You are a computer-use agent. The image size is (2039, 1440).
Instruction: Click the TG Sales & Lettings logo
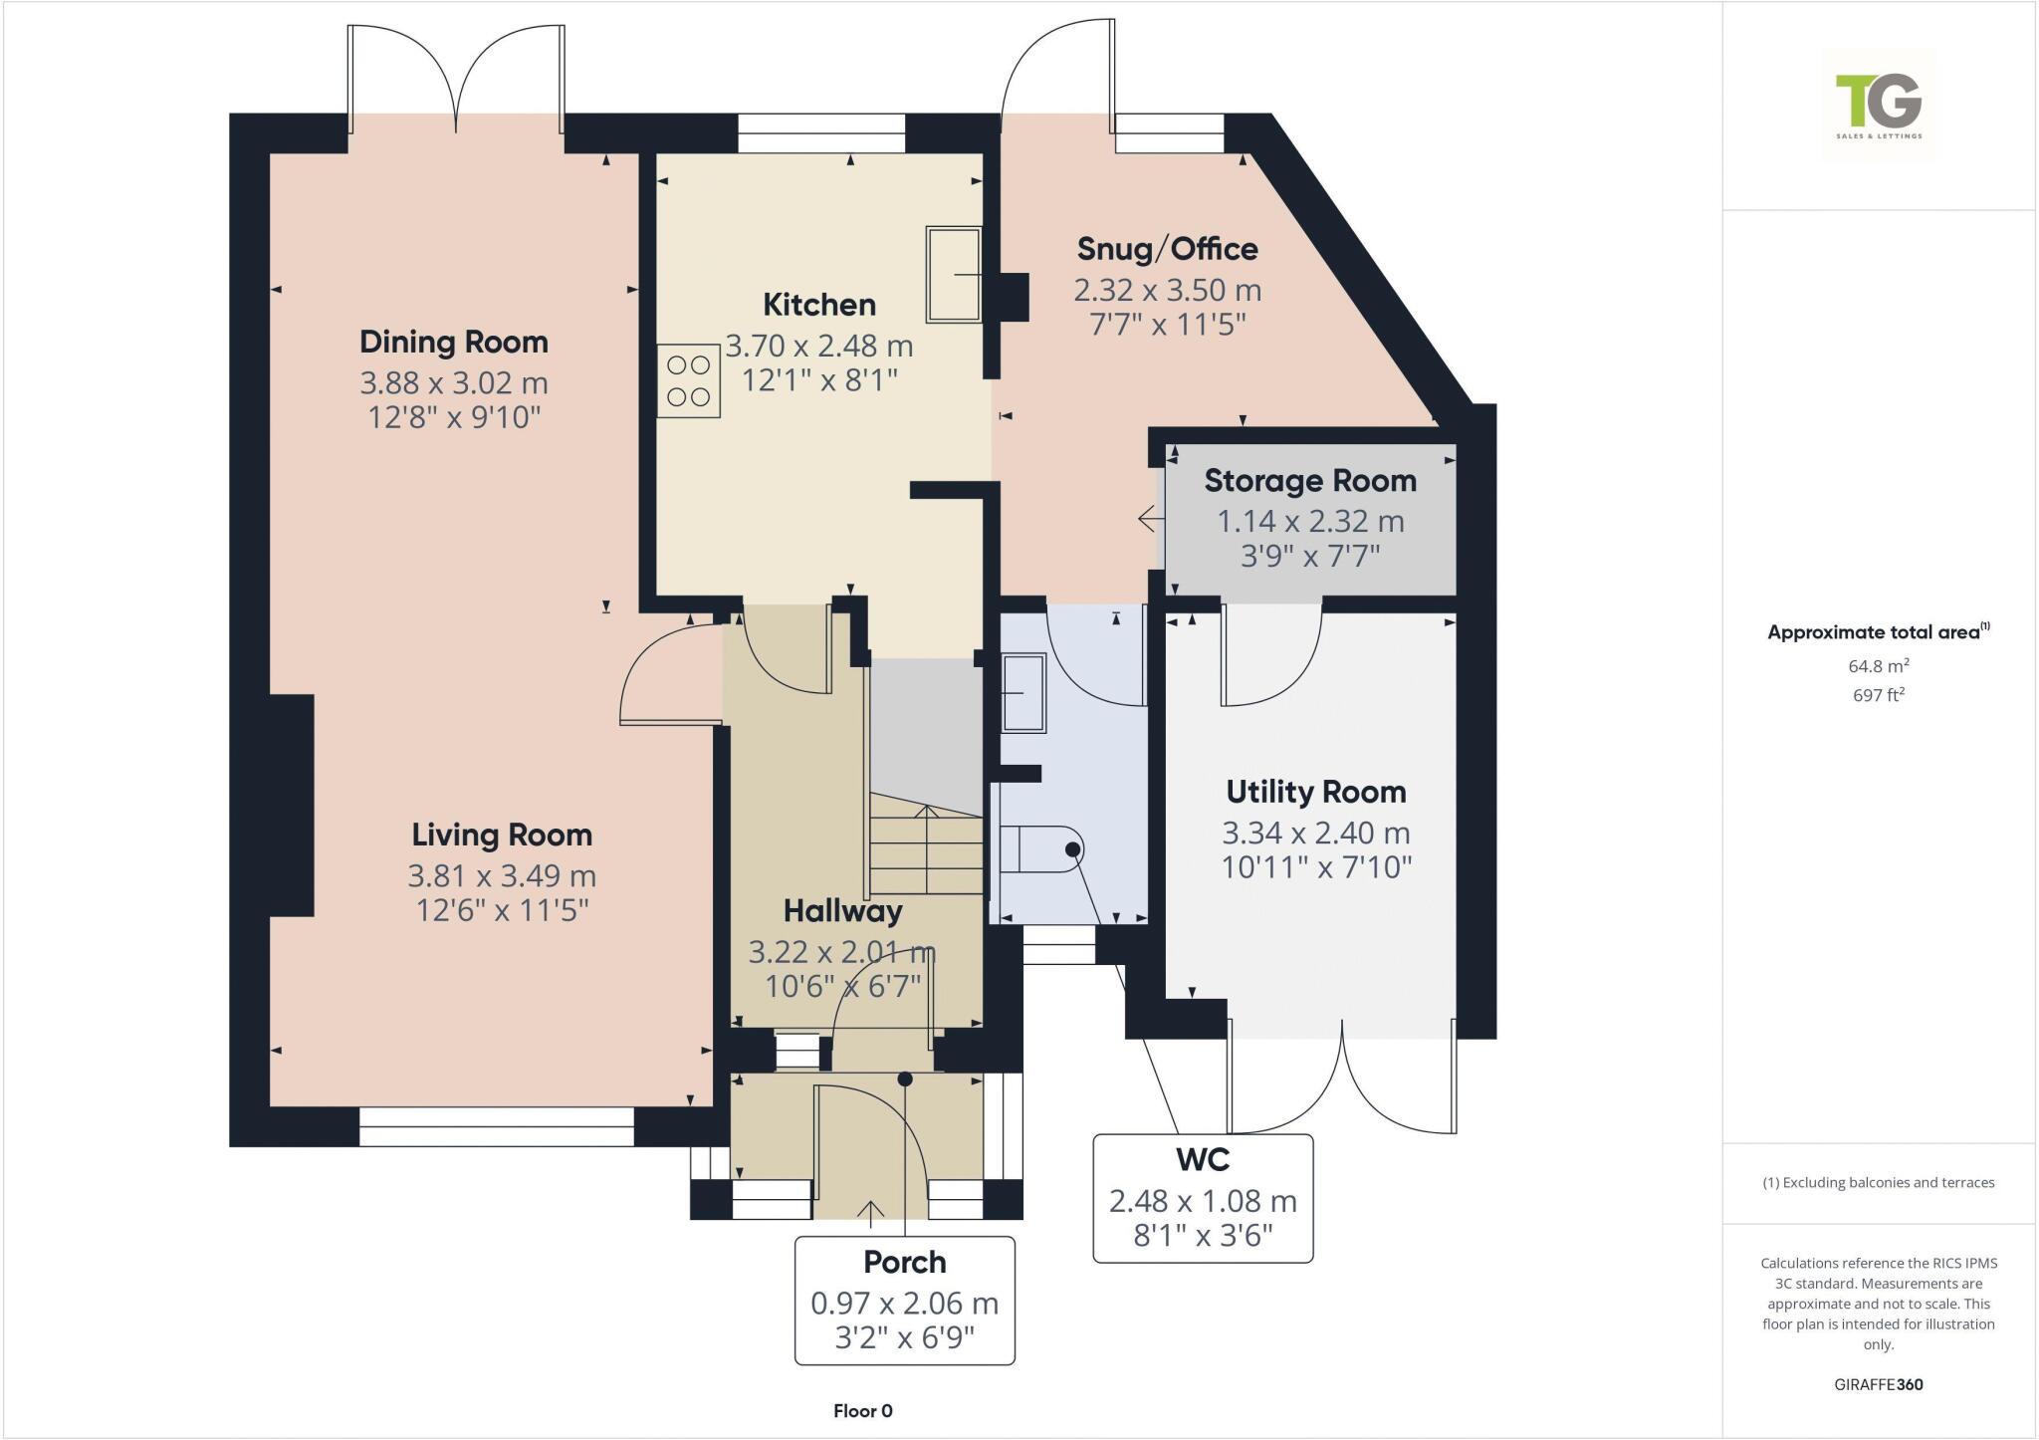(x=1879, y=105)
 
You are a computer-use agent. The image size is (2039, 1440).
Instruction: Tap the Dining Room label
(x=454, y=342)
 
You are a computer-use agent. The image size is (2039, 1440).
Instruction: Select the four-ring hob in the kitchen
(x=688, y=380)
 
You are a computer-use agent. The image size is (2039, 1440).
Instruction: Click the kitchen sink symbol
(x=954, y=274)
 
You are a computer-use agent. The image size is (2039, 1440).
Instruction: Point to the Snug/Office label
(x=1167, y=248)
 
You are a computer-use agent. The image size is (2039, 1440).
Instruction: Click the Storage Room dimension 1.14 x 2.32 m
(x=1310, y=521)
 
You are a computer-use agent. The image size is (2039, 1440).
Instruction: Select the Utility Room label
(x=1316, y=792)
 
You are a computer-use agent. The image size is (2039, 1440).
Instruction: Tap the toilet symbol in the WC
(x=1041, y=849)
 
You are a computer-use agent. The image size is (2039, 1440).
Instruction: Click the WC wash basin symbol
(x=1023, y=693)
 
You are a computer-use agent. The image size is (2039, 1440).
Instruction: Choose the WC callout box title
(x=1203, y=1160)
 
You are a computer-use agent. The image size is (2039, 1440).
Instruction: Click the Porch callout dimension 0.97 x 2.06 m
(x=904, y=1303)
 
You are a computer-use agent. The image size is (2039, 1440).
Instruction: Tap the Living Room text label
(x=502, y=835)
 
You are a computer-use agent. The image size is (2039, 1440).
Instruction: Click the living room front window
(x=496, y=1126)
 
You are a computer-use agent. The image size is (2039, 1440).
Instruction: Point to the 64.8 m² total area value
(x=1878, y=666)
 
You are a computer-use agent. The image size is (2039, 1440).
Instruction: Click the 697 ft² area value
(x=1878, y=695)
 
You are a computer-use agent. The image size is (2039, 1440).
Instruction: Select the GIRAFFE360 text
(x=1878, y=1384)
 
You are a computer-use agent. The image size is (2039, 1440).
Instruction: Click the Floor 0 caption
(x=862, y=1411)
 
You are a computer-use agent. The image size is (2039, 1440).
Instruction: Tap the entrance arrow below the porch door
(x=871, y=1210)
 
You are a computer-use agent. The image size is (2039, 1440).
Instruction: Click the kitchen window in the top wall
(x=821, y=133)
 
